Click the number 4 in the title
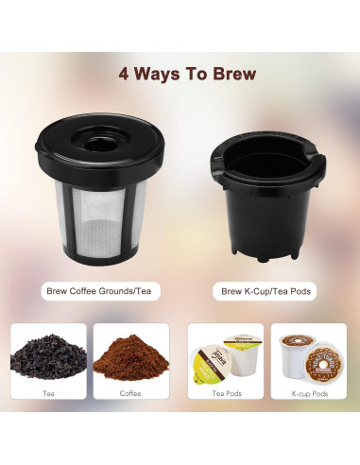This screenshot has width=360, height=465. point(124,73)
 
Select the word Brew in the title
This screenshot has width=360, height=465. point(222,73)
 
